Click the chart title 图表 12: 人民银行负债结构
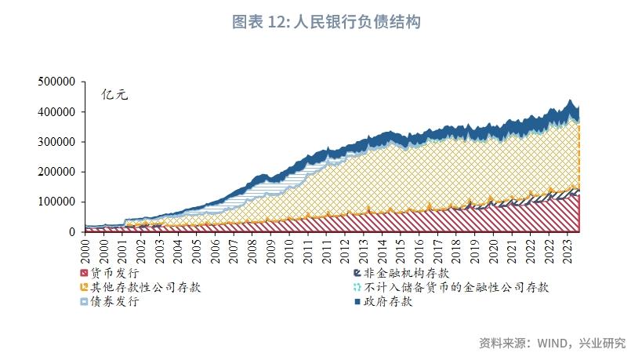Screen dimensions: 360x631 pyautogui.click(x=327, y=22)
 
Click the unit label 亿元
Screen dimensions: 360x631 pyautogui.click(x=114, y=95)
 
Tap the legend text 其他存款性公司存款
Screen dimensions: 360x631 pyautogui.click(x=146, y=288)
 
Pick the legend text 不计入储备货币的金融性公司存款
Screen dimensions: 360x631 pyautogui.click(x=456, y=288)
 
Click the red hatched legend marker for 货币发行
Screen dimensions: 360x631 pyautogui.click(x=85, y=274)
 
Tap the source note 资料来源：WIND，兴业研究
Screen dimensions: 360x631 pyautogui.click(x=552, y=344)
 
